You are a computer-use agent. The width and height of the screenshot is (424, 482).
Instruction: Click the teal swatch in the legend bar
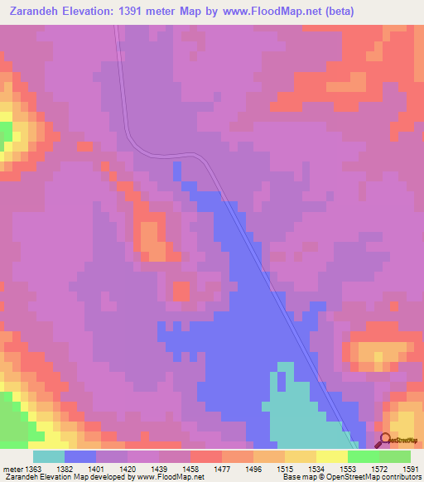coord(49,456)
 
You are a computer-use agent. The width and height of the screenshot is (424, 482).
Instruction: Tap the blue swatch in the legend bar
coord(80,456)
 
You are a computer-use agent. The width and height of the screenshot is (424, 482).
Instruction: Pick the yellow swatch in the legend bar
coord(332,456)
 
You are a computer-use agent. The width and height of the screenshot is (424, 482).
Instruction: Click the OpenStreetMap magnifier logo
coord(383,440)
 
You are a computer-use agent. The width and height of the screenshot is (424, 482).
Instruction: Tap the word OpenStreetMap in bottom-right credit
coord(390,476)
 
